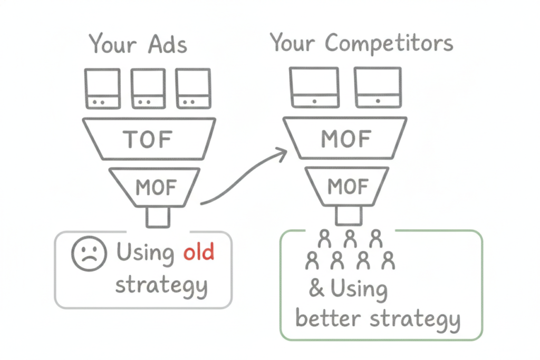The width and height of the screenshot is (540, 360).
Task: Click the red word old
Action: pos(199,252)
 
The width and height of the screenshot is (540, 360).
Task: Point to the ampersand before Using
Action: pos(316,289)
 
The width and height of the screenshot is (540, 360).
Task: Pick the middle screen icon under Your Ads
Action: pos(148,89)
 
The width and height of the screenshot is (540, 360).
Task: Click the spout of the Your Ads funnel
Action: pos(158,217)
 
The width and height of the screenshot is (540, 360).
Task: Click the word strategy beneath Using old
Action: pos(161,286)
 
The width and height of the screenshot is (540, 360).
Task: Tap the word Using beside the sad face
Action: pos(145,253)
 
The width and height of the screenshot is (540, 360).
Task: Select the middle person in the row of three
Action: pos(349,240)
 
